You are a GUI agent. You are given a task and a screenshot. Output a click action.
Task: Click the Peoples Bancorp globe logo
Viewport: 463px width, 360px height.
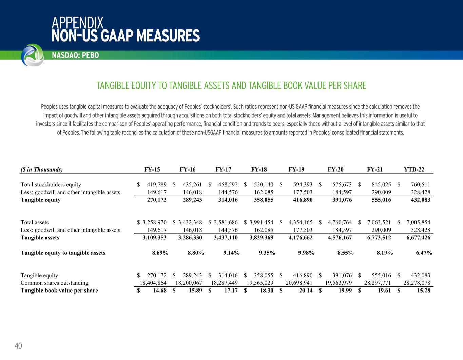click(32, 55)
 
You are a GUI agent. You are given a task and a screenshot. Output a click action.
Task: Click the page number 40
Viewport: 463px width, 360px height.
click(18, 346)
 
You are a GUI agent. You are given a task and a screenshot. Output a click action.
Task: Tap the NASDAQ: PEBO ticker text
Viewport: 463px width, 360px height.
click(75, 55)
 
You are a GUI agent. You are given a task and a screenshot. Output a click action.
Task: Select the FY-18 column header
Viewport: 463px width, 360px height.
click(259, 169)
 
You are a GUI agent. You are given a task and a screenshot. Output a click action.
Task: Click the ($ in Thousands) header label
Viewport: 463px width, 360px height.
click(42, 169)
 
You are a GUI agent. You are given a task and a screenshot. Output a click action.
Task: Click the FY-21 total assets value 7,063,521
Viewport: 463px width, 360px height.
click(379, 222)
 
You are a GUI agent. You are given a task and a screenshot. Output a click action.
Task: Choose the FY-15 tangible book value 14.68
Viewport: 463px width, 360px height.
click(159, 291)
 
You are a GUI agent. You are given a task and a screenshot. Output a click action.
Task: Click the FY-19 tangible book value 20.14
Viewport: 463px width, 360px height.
click(305, 291)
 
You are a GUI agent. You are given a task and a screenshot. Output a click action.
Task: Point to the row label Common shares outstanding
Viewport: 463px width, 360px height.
click(55, 283)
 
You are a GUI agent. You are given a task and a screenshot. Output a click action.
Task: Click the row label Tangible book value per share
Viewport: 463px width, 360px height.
click(59, 291)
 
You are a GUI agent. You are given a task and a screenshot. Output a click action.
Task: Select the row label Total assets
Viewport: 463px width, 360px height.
click(35, 222)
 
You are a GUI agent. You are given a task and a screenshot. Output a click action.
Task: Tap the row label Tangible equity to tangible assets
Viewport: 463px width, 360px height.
click(63, 253)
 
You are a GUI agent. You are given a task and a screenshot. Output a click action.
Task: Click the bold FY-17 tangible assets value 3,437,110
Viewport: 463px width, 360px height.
click(226, 238)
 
